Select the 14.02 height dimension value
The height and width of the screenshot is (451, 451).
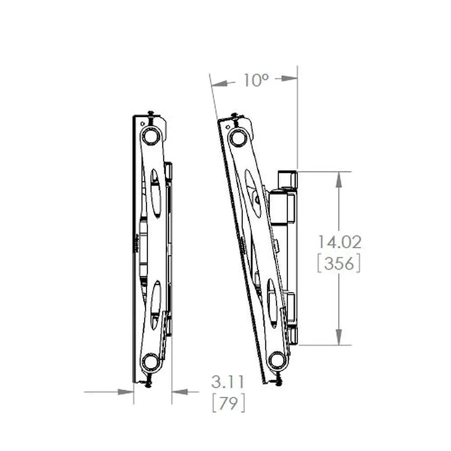[339, 242]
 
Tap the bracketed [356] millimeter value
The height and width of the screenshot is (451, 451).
[339, 264]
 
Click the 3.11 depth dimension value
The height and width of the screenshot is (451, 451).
[228, 382]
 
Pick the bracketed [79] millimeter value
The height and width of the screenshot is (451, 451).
[229, 403]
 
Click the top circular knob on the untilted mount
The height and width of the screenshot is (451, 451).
[151, 135]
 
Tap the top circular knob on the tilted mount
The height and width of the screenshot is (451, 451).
[238, 137]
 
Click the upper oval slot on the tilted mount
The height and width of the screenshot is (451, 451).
[253, 193]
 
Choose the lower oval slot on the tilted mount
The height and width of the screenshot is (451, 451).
[272, 302]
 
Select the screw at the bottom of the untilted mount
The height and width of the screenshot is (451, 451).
[148, 383]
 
